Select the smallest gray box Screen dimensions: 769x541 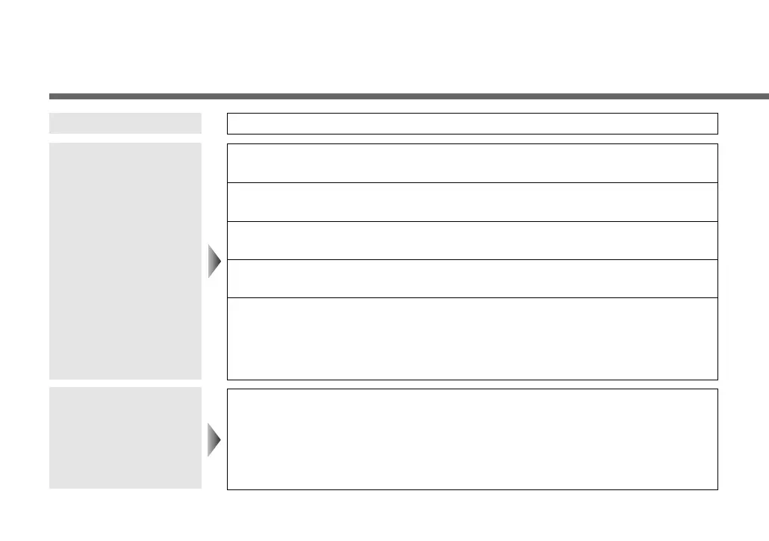[125, 123]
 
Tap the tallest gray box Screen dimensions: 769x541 [125, 261]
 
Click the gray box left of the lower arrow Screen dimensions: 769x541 [125, 438]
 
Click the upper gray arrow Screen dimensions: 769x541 [215, 261]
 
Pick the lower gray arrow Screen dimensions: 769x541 [215, 439]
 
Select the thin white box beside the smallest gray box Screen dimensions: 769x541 [472, 123]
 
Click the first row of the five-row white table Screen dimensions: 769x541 [472, 163]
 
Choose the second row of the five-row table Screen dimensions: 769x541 [472, 202]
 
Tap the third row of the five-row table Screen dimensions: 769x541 [472, 241]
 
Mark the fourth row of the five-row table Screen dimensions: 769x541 [472, 279]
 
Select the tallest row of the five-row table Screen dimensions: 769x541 [472, 338]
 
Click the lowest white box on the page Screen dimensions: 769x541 [472, 439]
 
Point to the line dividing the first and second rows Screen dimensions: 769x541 [472, 182]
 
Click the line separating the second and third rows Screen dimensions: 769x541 [472, 221]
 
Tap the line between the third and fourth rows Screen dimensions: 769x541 [472, 260]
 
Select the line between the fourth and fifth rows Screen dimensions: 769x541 [472, 298]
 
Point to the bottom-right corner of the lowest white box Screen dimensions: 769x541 [717, 489]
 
